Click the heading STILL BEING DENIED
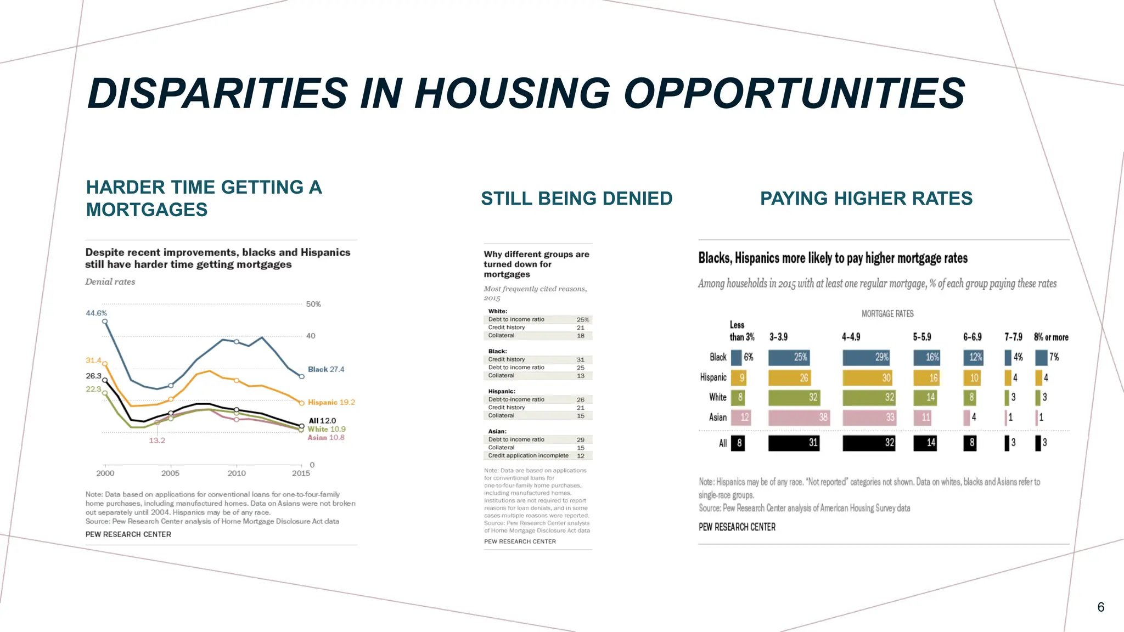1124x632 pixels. click(x=576, y=199)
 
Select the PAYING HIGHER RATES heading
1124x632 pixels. click(x=866, y=199)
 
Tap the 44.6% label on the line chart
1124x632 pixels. click(x=96, y=313)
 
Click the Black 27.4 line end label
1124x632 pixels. click(x=326, y=369)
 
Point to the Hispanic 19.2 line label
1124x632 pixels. click(x=331, y=402)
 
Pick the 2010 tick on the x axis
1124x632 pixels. click(x=237, y=473)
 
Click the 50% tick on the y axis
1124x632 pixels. click(x=313, y=304)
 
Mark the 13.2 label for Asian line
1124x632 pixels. click(x=157, y=441)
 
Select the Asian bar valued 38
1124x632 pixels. click(x=799, y=417)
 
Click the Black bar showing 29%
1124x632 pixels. click(x=866, y=357)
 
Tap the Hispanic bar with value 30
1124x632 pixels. click(x=867, y=377)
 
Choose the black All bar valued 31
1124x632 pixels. click(x=794, y=443)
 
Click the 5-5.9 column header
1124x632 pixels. click(x=922, y=337)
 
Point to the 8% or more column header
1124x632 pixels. click(x=1051, y=337)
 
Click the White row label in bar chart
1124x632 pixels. click(x=717, y=397)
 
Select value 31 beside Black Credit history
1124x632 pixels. click(x=581, y=360)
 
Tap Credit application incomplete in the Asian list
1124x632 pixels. click(x=528, y=455)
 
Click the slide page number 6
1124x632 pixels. click(x=1100, y=607)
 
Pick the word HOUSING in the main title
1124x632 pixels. click(x=513, y=93)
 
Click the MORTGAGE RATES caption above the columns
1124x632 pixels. click(x=887, y=314)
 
